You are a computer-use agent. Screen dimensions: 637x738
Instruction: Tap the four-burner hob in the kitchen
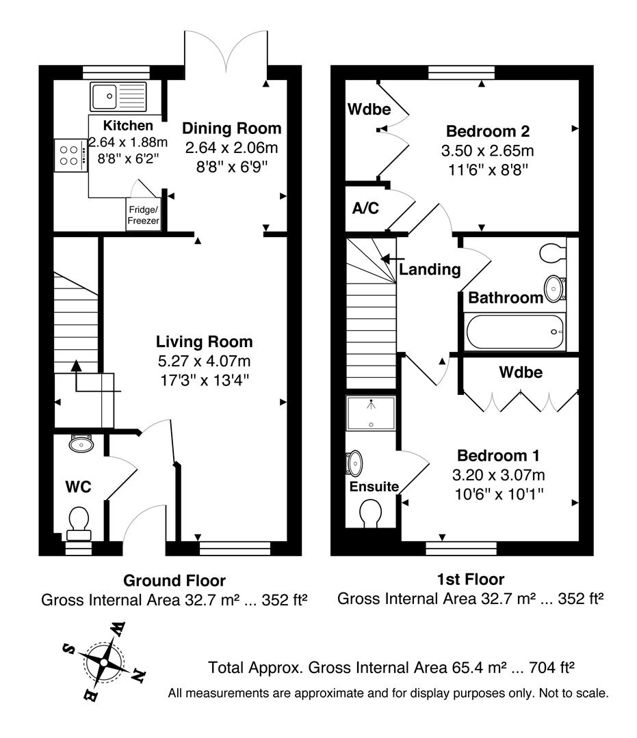click(70, 154)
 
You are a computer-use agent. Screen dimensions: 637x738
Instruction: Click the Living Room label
click(204, 342)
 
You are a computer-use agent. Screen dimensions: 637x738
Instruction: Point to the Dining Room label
click(232, 128)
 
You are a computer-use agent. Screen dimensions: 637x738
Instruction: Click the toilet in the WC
click(77, 522)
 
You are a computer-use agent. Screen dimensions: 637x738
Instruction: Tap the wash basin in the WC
click(81, 445)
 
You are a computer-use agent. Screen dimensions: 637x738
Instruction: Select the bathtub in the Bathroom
click(515, 332)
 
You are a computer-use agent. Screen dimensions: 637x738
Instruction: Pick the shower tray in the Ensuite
click(371, 413)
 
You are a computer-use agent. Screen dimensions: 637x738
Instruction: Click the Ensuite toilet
click(371, 512)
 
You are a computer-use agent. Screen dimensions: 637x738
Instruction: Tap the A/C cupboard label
click(365, 208)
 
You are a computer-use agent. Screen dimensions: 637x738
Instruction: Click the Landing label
click(430, 269)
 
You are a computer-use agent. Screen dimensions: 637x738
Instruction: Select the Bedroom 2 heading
click(488, 131)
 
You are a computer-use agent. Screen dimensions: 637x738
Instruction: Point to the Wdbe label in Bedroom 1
click(521, 372)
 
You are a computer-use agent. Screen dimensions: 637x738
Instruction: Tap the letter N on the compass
click(138, 676)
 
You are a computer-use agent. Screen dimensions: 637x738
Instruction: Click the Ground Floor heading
click(174, 581)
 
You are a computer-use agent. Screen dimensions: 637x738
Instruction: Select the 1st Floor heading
click(470, 580)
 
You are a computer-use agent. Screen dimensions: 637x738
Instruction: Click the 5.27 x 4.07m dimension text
click(204, 361)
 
